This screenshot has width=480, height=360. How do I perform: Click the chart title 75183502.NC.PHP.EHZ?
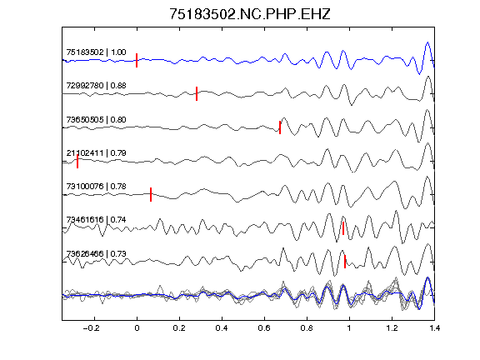tap(250, 14)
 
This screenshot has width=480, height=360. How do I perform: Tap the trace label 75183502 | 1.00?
tap(96, 52)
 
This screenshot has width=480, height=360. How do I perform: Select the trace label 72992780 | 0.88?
tap(96, 85)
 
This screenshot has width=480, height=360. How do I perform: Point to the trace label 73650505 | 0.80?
tap(96, 119)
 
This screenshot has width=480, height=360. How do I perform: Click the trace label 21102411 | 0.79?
tap(96, 152)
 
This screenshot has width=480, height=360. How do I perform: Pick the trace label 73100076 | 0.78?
tap(96, 186)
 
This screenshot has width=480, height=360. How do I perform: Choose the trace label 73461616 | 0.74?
tap(96, 219)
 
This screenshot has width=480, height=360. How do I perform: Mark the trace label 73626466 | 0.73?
tap(96, 253)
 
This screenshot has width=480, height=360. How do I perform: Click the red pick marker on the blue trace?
tap(137, 60)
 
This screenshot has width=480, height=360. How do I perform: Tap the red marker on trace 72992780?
tap(197, 93)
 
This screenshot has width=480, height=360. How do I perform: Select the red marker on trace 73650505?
tap(280, 127)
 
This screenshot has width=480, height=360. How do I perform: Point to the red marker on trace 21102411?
tap(77, 162)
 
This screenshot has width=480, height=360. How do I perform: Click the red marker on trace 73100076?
tap(151, 194)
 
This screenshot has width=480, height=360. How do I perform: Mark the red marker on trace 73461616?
tap(343, 228)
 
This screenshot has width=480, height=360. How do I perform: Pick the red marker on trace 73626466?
tap(345, 262)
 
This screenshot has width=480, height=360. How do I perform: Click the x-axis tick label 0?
tap(137, 328)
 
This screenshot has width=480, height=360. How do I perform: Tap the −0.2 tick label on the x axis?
tap(92, 328)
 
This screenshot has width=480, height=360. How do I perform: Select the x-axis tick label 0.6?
tap(264, 328)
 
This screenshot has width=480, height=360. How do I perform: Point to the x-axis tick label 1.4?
tap(435, 328)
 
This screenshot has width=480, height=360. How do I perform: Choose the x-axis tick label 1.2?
tap(392, 328)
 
